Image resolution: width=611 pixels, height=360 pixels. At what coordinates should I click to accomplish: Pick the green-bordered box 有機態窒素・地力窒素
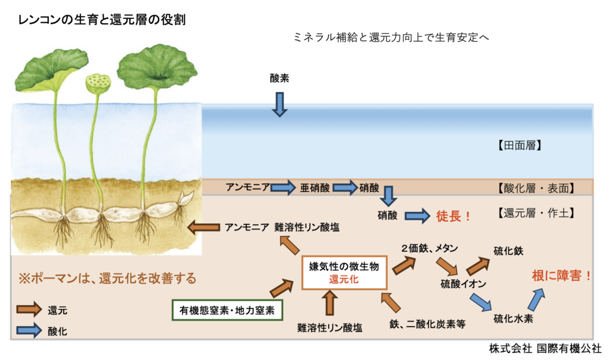(227, 310)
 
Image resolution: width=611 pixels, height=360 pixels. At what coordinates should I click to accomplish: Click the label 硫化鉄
(509, 251)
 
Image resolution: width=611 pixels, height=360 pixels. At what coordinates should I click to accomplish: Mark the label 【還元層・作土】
(535, 212)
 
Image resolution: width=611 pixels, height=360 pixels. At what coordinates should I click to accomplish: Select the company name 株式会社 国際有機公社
(545, 349)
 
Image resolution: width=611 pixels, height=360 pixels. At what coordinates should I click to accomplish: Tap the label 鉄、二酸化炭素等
(428, 324)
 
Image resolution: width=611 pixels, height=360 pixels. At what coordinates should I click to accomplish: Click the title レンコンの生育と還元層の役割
(102, 20)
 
